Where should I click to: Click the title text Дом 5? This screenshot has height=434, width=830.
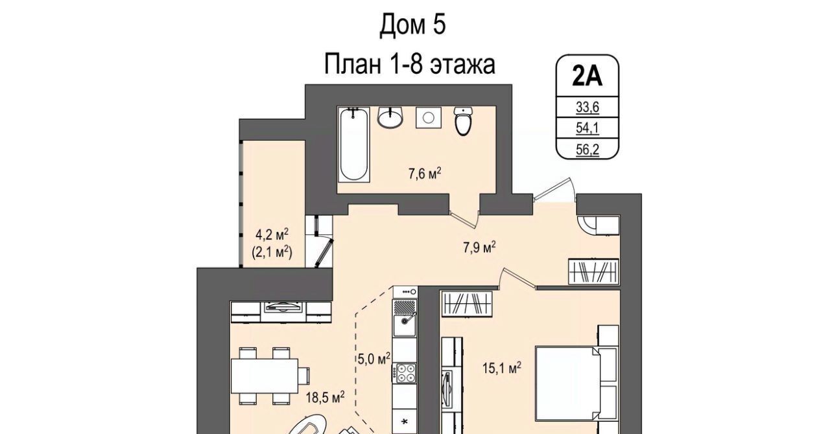[412, 25]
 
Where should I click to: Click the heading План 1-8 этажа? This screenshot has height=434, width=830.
[409, 63]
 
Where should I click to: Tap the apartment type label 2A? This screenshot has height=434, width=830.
[587, 76]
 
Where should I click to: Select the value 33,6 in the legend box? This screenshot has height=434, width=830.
[587, 108]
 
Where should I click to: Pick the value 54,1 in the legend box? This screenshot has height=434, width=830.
[587, 128]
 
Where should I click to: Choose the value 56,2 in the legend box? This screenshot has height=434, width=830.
[587, 150]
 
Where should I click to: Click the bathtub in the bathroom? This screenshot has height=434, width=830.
[354, 144]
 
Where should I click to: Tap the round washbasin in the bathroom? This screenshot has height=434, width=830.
[390, 117]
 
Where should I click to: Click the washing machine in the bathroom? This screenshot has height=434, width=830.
[429, 118]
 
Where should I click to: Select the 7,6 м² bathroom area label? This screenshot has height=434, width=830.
[425, 174]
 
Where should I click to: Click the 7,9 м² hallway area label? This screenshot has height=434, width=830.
[479, 247]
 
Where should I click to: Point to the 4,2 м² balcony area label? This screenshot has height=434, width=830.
[272, 234]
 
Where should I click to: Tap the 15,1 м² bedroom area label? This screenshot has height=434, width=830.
[502, 368]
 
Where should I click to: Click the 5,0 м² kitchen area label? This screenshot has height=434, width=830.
[374, 358]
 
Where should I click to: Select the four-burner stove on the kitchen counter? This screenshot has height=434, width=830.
[406, 373]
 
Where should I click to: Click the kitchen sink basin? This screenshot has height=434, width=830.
[405, 325]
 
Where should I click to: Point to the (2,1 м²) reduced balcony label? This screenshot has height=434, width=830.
[272, 253]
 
